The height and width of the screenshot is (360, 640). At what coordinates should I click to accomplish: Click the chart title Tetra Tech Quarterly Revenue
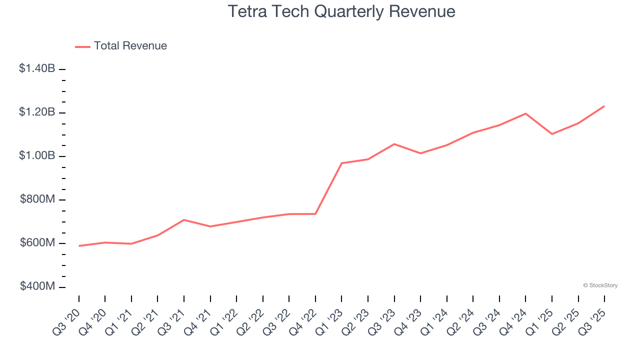pyautogui.click(x=341, y=11)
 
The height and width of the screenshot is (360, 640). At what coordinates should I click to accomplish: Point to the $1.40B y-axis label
pyautogui.click(x=37, y=68)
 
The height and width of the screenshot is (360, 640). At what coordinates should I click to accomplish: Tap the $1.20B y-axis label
pyautogui.click(x=37, y=112)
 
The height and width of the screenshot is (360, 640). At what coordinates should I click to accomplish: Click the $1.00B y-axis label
pyautogui.click(x=37, y=156)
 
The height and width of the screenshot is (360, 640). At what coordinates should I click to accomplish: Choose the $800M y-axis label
pyautogui.click(x=37, y=199)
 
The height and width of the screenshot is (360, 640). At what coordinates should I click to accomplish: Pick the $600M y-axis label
pyautogui.click(x=37, y=243)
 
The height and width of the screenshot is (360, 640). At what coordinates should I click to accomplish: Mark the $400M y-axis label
pyautogui.click(x=37, y=286)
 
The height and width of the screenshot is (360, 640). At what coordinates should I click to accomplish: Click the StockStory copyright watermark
pyautogui.click(x=600, y=285)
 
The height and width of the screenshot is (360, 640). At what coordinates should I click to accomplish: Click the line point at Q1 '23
pyautogui.click(x=341, y=163)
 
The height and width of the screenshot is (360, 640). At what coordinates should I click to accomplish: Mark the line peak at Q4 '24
pyautogui.click(x=525, y=113)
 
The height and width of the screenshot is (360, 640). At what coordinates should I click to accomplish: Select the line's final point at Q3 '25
pyautogui.click(x=604, y=106)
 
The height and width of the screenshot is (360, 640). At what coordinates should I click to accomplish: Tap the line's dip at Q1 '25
pyautogui.click(x=551, y=134)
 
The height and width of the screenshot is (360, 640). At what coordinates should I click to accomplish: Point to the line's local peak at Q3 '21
pyautogui.click(x=184, y=220)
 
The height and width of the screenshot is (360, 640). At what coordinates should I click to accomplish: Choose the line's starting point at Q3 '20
pyautogui.click(x=79, y=246)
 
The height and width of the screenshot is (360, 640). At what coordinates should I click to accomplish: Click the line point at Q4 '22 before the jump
pyautogui.click(x=315, y=214)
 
